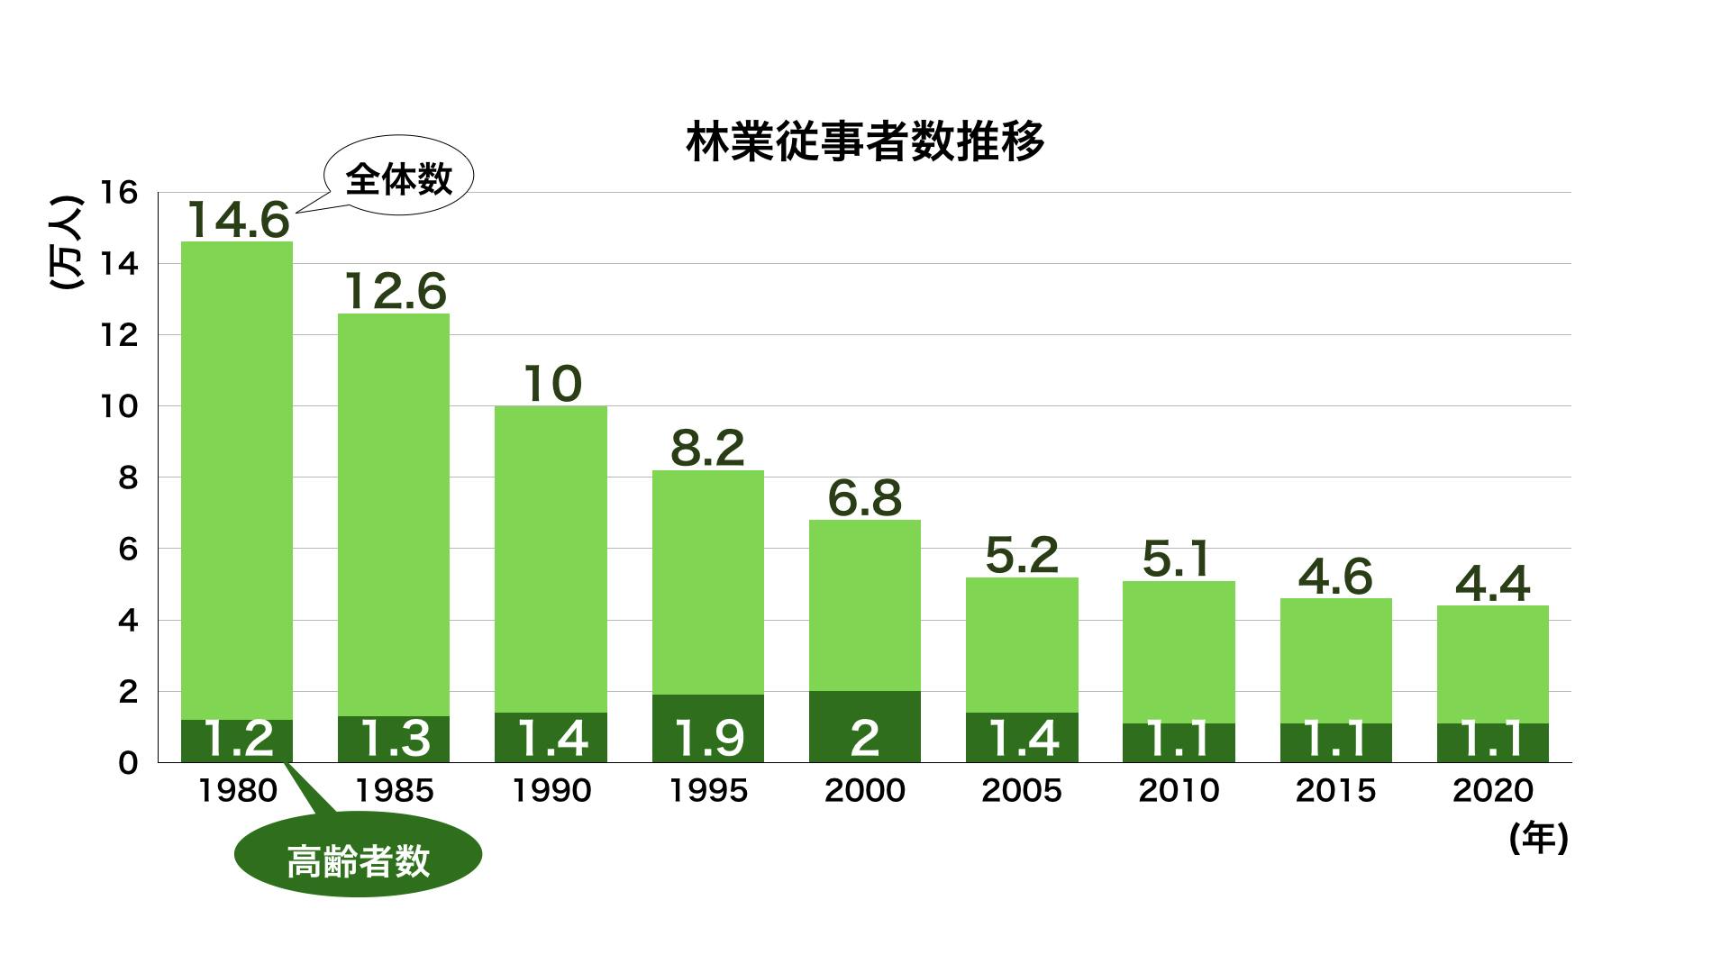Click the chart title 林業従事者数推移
pyautogui.click(x=865, y=142)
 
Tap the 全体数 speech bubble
pyautogui.click(x=398, y=179)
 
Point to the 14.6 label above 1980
pyautogui.click(x=238, y=219)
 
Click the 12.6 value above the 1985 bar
pyautogui.click(x=395, y=291)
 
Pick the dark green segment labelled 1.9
pyautogui.click(x=708, y=729)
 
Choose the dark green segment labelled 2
pyautogui.click(x=865, y=727)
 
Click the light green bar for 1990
pyautogui.click(x=551, y=559)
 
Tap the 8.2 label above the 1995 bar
pyautogui.click(x=708, y=448)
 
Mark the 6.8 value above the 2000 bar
pyautogui.click(x=865, y=497)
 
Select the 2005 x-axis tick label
pyautogui.click(x=1022, y=790)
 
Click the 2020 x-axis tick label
pyautogui.click(x=1492, y=790)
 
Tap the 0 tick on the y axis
pyautogui.click(x=128, y=763)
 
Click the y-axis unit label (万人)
pyautogui.click(x=65, y=243)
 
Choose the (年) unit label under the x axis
pyautogui.click(x=1539, y=840)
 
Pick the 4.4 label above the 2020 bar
pyautogui.click(x=1492, y=584)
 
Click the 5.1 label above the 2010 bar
pyautogui.click(x=1178, y=559)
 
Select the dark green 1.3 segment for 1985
pyautogui.click(x=395, y=739)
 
